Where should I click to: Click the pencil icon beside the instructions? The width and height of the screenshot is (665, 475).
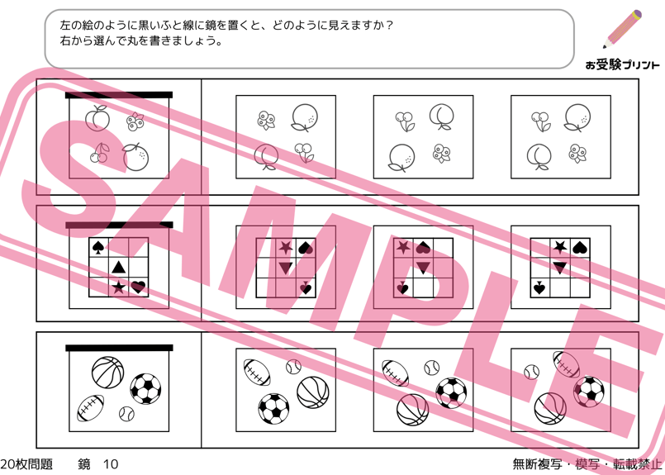coord(622,29)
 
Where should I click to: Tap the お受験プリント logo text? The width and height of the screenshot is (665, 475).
coord(622,65)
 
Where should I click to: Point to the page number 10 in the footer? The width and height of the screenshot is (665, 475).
coord(111,464)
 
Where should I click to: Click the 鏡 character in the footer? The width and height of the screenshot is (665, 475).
coord(84,464)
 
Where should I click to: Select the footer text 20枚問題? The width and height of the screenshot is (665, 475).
coord(26,464)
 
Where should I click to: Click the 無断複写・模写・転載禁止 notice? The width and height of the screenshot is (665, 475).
coord(587,464)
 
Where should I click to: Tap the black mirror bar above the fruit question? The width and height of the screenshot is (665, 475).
coord(119,95)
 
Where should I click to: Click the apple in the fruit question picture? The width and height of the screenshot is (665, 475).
coord(98,118)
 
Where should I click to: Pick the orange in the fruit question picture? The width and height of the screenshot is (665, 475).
coord(135,157)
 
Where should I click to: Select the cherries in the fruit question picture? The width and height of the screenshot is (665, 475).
coord(99,153)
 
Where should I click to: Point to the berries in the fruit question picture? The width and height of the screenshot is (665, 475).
coord(135,121)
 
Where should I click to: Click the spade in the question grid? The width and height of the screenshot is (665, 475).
coord(98,247)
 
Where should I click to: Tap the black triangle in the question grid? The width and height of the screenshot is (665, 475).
coord(118,267)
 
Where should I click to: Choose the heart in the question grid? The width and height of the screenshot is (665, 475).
coord(138,287)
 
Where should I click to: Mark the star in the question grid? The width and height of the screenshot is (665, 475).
coord(118,287)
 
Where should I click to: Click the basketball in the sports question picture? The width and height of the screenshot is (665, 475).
coord(107,373)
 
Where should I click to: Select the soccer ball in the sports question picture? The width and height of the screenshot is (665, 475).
coord(145,389)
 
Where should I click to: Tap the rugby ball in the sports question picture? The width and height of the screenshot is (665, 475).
coord(91,408)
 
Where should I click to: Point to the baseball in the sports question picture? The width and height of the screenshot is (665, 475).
coord(126,414)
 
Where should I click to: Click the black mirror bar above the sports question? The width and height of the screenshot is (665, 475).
coord(119,348)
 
